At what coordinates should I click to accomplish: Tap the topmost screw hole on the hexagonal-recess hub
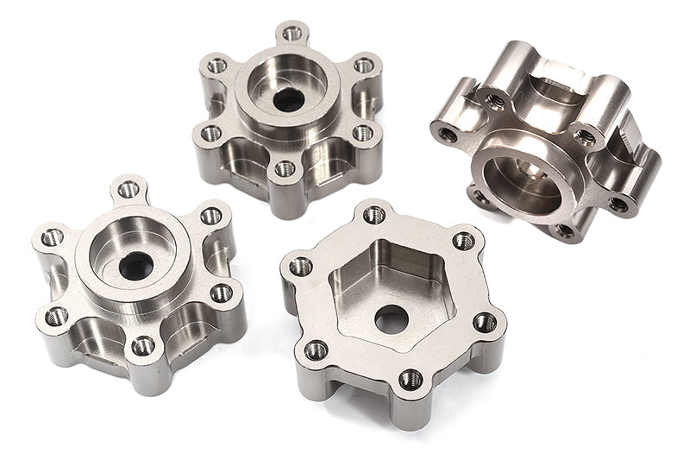coord(373,214)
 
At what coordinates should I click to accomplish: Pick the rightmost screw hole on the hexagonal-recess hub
coord(485,322)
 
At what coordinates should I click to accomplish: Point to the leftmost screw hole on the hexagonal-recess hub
coord(301,267)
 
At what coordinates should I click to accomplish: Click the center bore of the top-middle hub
coord(288,98)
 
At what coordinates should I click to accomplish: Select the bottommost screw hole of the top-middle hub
coord(285,168)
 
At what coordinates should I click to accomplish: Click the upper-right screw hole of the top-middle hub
coord(364,66)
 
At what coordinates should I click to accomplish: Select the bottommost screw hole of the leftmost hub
coord(142,347)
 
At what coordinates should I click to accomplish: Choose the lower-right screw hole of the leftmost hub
coord(221,293)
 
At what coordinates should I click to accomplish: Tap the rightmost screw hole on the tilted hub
coord(618,205)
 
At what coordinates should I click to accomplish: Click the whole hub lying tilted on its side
coord(544,138)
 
